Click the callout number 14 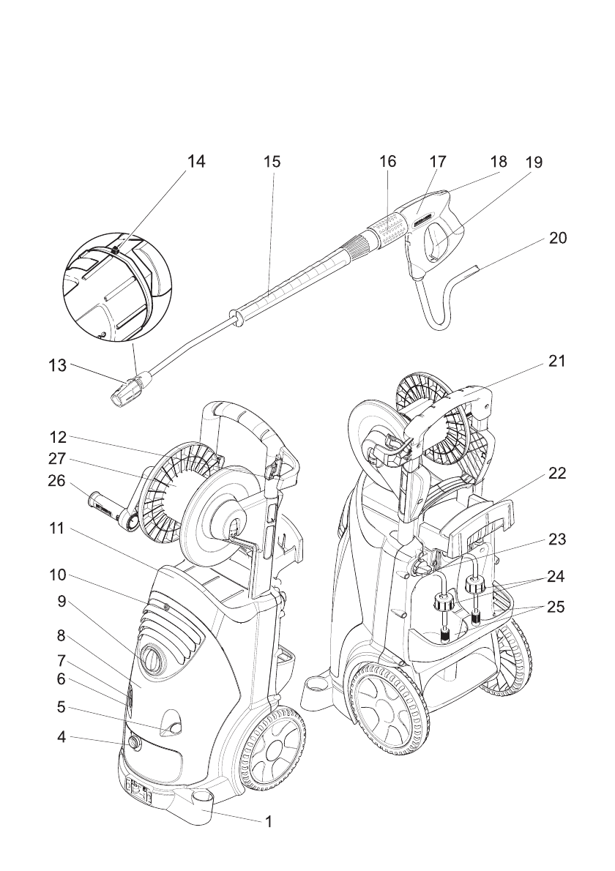(x=195, y=162)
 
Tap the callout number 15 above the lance (x=272, y=162)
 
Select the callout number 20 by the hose (x=557, y=239)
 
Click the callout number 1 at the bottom (x=269, y=822)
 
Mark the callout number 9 (x=62, y=600)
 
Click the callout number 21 (x=557, y=362)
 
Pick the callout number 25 (x=557, y=607)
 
